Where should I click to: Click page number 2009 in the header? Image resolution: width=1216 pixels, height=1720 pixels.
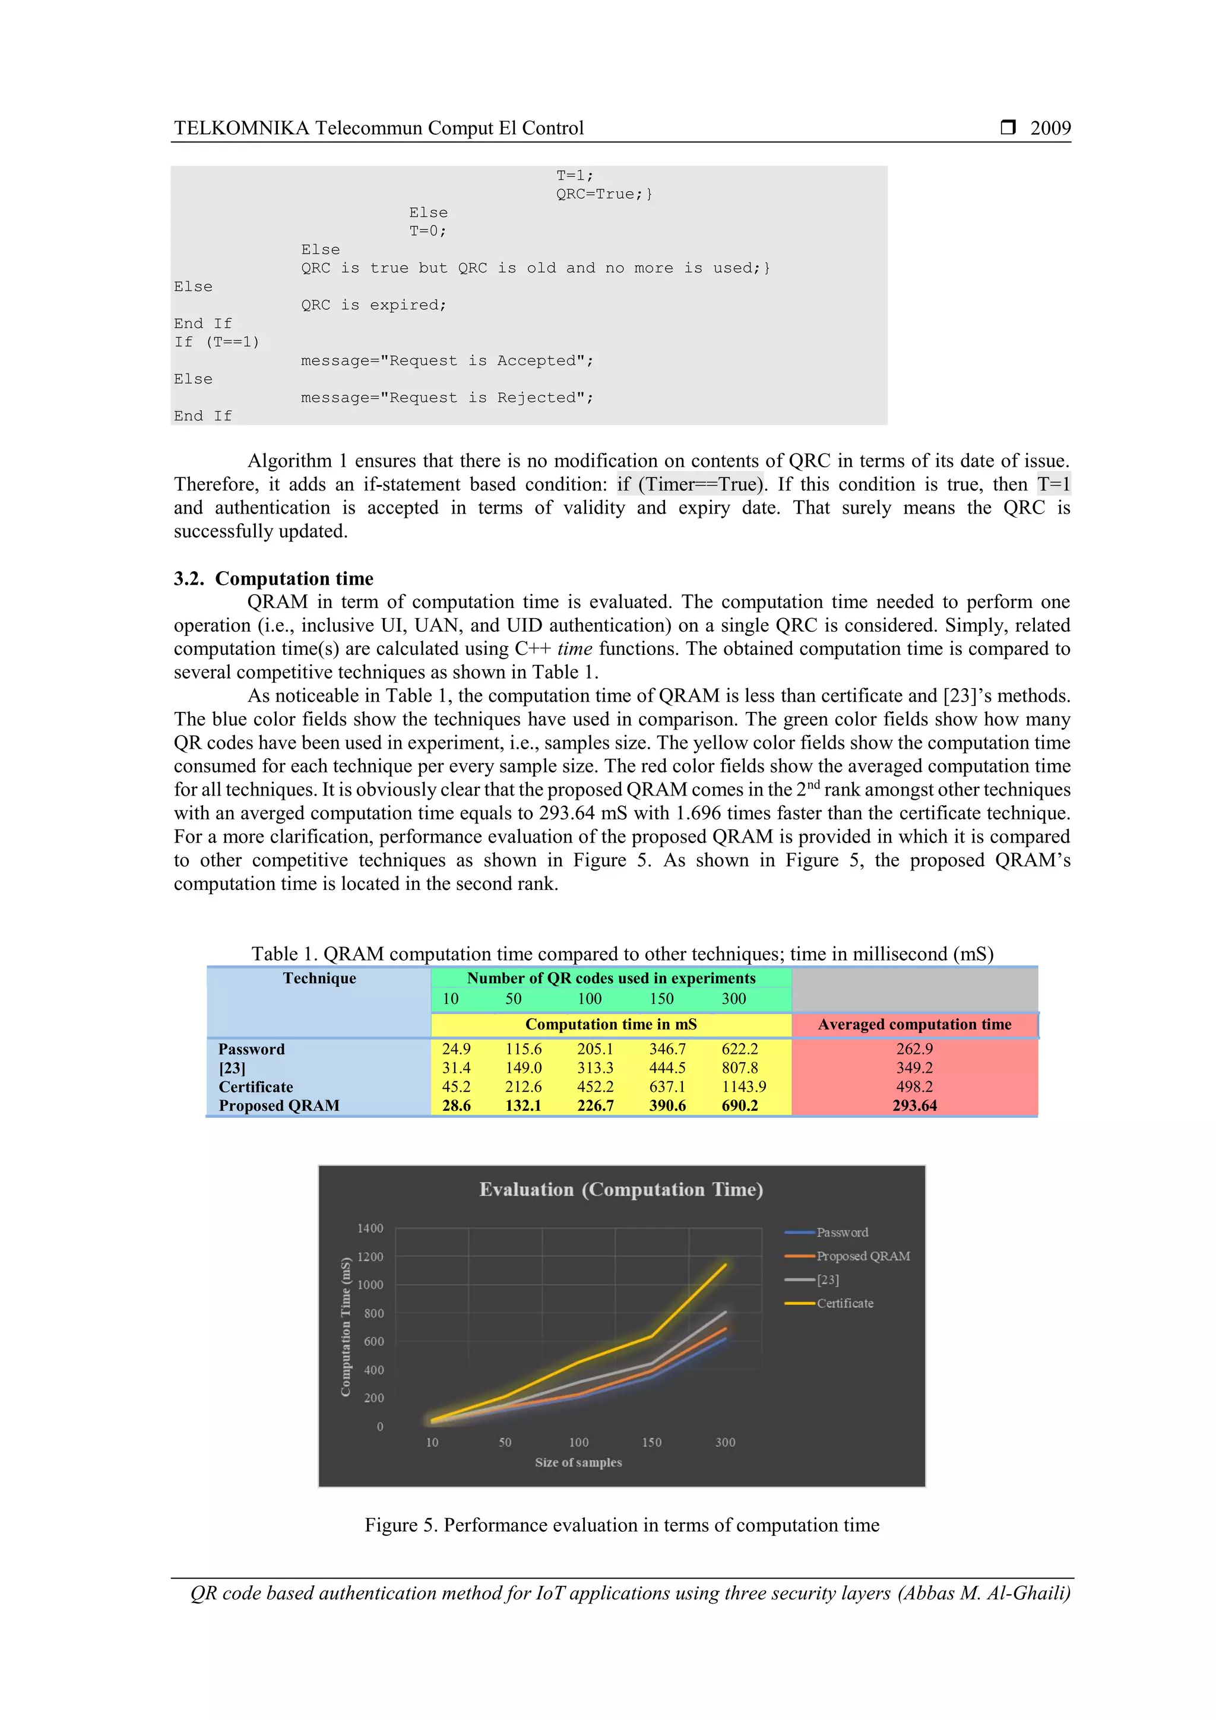click(1050, 128)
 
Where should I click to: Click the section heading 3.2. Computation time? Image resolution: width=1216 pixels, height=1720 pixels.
click(274, 578)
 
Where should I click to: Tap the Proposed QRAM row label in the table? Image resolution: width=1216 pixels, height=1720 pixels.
click(278, 1106)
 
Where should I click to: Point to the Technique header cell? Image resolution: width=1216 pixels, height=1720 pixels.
click(319, 978)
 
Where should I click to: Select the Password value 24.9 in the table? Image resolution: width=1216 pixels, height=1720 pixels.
click(455, 1049)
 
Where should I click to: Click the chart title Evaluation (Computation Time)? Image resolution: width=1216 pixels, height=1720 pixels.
click(621, 1190)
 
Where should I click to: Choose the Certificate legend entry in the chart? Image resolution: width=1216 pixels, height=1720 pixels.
click(844, 1303)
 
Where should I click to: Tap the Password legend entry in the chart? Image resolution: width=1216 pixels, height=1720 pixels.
click(841, 1233)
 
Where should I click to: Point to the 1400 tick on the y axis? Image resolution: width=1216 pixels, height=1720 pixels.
click(370, 1228)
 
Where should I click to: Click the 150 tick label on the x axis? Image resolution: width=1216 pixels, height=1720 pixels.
click(651, 1442)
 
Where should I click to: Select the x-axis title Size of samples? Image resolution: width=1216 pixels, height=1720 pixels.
click(578, 1462)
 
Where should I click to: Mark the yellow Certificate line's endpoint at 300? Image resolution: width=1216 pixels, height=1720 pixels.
click(724, 1265)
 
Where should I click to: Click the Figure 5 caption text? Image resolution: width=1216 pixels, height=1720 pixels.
click(621, 1525)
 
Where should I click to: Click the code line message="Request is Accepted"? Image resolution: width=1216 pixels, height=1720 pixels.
click(446, 361)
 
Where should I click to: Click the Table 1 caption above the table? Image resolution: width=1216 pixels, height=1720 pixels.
click(622, 954)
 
